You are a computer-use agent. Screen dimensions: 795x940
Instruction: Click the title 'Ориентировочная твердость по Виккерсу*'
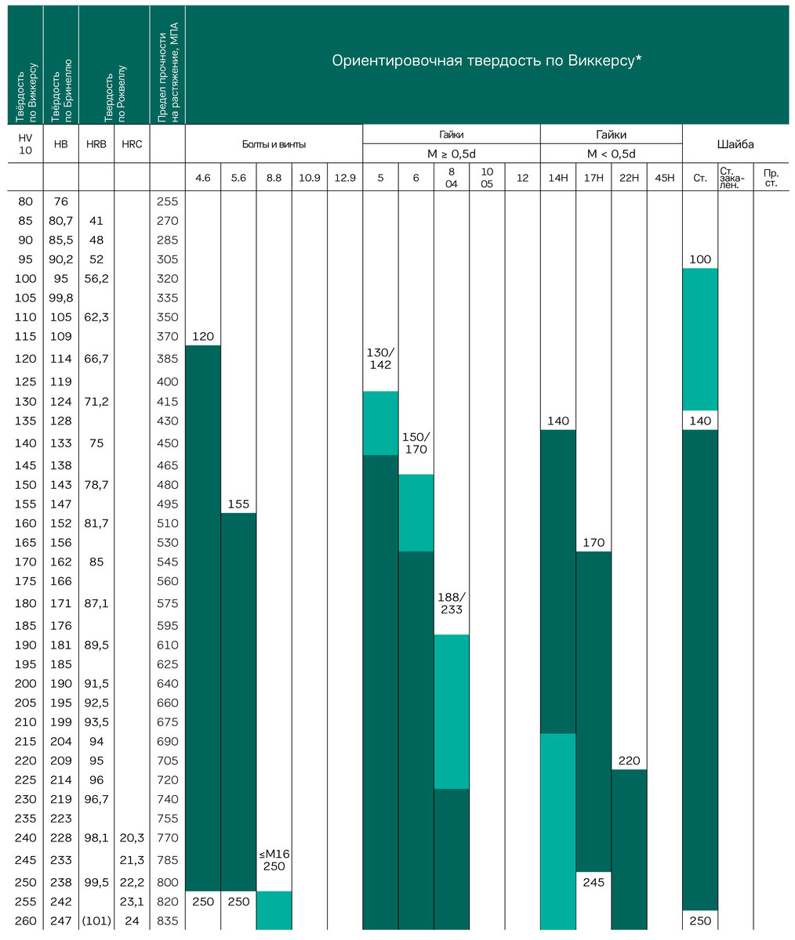(x=487, y=61)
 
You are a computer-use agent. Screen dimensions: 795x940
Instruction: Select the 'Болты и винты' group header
(x=274, y=144)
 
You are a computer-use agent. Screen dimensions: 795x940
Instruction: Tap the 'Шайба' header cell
(x=735, y=144)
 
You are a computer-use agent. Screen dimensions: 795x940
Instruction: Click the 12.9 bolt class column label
(x=345, y=178)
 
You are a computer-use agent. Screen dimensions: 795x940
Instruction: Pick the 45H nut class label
(x=664, y=178)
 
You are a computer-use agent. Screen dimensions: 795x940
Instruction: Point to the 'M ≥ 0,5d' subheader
(x=451, y=154)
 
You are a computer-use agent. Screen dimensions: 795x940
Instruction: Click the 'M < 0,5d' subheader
(x=611, y=154)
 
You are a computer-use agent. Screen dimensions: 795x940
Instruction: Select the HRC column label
(x=132, y=144)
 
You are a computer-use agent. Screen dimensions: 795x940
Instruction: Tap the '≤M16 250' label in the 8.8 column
(x=274, y=860)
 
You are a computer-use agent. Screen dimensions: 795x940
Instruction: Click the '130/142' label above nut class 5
(x=380, y=359)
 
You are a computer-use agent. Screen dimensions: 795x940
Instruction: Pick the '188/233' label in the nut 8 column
(x=451, y=603)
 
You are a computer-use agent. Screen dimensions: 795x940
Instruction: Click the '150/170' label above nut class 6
(x=416, y=443)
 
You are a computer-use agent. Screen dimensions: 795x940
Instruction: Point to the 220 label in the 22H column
(x=629, y=761)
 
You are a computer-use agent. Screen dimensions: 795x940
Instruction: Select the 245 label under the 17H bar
(x=593, y=882)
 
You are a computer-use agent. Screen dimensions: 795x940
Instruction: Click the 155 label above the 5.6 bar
(x=238, y=504)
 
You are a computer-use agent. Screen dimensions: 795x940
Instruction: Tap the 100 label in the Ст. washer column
(x=700, y=259)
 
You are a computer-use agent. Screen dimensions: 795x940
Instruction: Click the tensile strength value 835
(x=167, y=921)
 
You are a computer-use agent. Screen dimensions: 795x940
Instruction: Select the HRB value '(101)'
(x=96, y=921)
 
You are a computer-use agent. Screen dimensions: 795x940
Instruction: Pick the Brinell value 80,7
(x=61, y=221)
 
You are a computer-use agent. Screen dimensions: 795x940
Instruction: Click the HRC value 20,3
(x=132, y=838)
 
